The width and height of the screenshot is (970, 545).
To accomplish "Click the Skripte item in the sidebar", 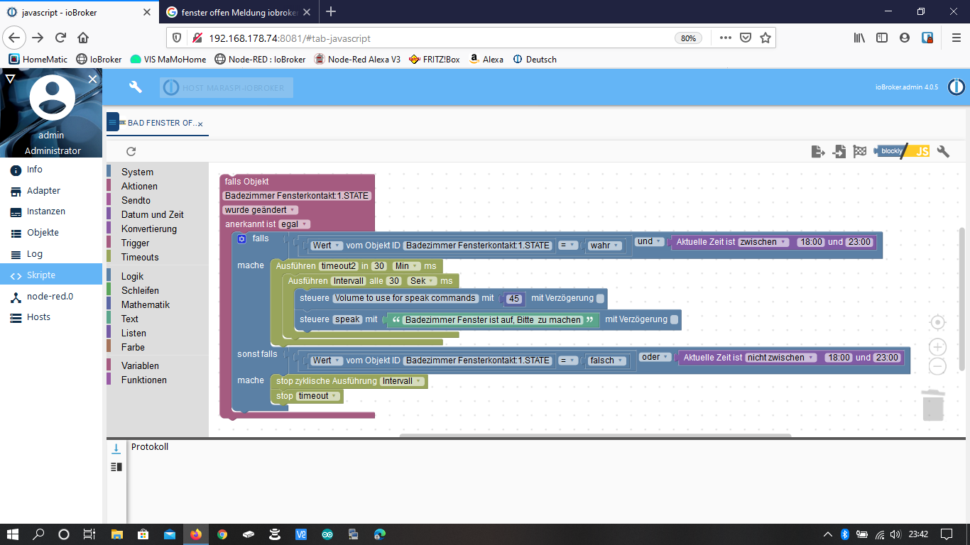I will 41,275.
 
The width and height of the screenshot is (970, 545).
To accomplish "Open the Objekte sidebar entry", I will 43,233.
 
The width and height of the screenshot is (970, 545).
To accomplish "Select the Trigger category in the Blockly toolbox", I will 135,243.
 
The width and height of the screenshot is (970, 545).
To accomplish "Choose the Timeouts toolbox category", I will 140,257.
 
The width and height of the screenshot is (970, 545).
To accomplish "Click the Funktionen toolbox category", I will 143,380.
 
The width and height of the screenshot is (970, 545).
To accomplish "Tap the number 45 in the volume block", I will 515,299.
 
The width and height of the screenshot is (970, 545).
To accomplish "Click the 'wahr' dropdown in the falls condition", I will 605,246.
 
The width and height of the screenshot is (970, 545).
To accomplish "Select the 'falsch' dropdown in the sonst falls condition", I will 606,360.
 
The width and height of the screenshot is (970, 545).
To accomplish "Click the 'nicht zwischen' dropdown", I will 780,358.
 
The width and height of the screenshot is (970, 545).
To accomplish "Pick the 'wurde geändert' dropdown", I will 260,210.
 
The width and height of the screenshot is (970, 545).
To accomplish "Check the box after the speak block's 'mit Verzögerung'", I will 674,320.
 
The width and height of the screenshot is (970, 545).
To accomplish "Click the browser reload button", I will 61,38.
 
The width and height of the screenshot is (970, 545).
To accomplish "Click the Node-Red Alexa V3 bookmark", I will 357,60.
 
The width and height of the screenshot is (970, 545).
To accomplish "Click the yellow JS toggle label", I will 922,151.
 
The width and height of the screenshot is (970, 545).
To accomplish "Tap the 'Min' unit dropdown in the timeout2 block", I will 406,266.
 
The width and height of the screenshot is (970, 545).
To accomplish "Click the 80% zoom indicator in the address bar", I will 688,38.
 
